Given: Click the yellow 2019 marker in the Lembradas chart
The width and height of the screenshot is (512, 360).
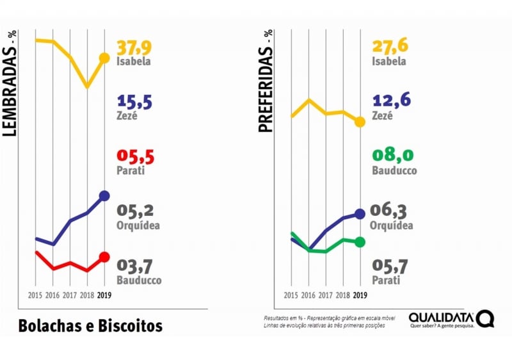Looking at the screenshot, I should [x=104, y=58].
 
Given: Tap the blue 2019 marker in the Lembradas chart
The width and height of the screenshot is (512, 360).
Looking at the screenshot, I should [x=104, y=196].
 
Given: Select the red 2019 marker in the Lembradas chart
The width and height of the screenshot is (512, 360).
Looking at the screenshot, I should [x=104, y=258].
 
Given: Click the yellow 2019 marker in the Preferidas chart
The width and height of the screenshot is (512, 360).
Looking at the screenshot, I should [x=360, y=122].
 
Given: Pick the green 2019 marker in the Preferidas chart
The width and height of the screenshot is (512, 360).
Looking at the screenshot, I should [x=360, y=241].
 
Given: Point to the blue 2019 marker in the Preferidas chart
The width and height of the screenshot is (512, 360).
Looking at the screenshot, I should [x=360, y=213].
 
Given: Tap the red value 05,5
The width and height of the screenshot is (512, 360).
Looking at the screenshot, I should [x=136, y=157].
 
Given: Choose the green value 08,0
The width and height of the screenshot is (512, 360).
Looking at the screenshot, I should [x=391, y=157].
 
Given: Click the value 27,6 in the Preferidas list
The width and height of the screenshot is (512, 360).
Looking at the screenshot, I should [x=390, y=48].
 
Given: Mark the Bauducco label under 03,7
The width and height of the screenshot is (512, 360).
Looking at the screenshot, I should [x=139, y=280].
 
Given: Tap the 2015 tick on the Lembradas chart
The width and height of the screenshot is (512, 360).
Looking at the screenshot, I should [x=36, y=295].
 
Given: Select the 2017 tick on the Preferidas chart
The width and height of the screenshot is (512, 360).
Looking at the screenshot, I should [x=325, y=295].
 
